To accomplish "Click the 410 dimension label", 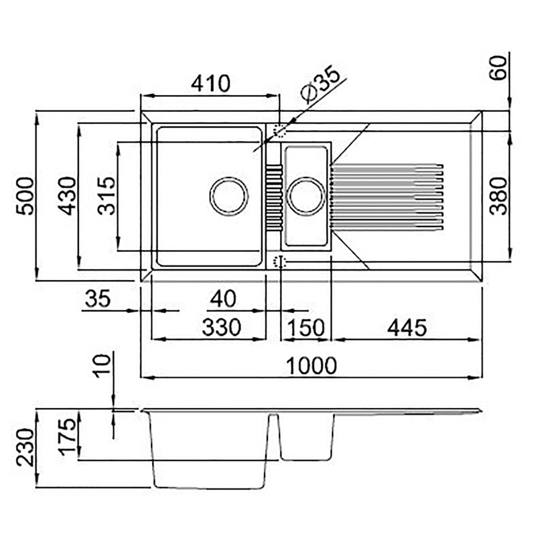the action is click(210, 83).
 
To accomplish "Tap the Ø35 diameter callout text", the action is click(320, 84).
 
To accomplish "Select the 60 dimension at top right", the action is click(498, 68).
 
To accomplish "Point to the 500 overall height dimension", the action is click(25, 196).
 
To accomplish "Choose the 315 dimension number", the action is click(107, 196).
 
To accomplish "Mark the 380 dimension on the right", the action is click(498, 196).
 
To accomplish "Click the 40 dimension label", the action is click(223, 298).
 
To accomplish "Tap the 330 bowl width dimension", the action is click(222, 327).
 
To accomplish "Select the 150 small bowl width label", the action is click(306, 328).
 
